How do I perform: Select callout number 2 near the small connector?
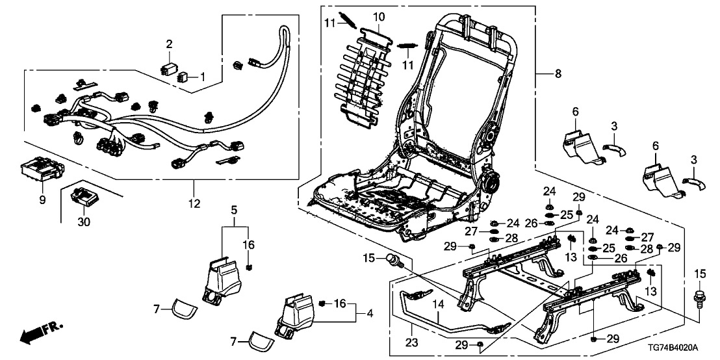click(169, 44)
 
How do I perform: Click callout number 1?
click(202, 77)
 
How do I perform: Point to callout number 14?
click(437, 303)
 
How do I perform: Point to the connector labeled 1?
click(184, 77)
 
